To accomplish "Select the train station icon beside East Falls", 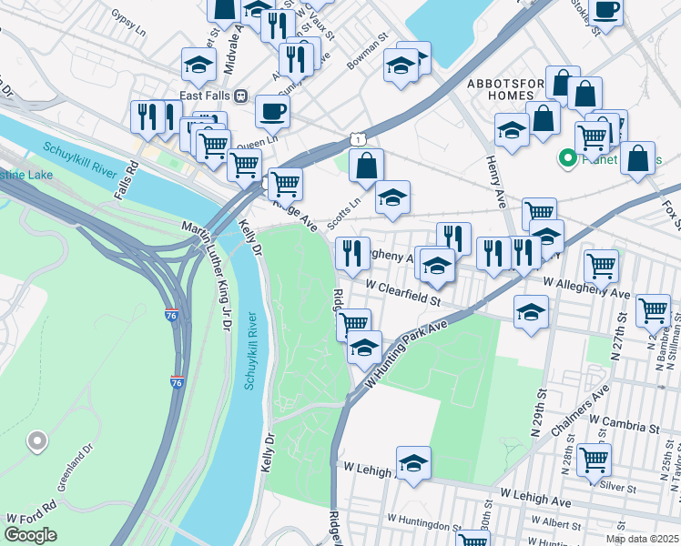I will (241, 96).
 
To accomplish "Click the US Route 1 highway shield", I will (359, 138).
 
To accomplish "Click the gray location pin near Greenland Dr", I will (36, 442).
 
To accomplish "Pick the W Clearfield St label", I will (403, 288).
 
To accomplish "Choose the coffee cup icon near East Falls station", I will (272, 111).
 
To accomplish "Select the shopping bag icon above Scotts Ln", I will (365, 166).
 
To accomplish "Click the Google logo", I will (30, 535).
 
